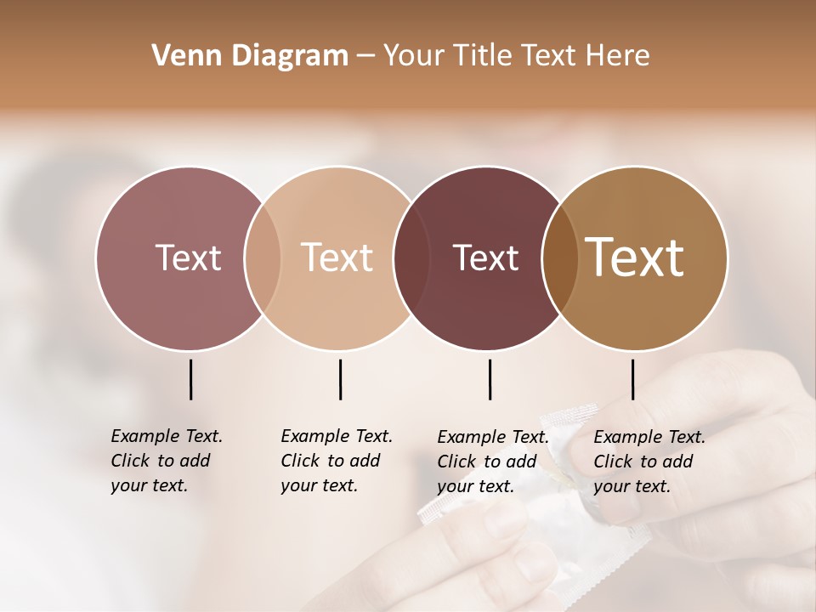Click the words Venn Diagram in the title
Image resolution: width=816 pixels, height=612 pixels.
(x=250, y=56)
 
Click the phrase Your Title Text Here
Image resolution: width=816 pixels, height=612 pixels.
(x=516, y=56)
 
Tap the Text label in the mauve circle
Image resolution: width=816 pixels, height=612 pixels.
(x=188, y=258)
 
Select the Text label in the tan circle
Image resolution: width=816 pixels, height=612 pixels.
(x=337, y=258)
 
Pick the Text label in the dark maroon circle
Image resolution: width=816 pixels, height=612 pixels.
(x=485, y=258)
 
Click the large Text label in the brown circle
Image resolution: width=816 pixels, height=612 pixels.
(x=635, y=258)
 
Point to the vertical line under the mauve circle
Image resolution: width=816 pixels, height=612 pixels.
(x=190, y=379)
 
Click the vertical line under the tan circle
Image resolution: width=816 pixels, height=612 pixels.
(x=340, y=379)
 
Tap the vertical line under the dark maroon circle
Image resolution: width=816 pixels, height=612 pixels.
(x=490, y=379)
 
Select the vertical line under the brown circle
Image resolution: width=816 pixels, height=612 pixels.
(x=632, y=379)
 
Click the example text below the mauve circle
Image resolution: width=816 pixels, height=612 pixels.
(x=167, y=461)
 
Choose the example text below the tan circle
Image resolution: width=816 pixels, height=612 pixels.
(x=337, y=461)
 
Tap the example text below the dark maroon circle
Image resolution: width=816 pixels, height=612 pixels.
(x=493, y=462)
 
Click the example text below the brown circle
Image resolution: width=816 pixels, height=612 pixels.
(x=649, y=462)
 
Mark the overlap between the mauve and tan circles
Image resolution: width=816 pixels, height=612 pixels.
(x=262, y=258)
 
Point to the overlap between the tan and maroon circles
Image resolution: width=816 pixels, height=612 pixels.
(x=405, y=258)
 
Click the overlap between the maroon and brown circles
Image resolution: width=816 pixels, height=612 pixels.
(x=555, y=258)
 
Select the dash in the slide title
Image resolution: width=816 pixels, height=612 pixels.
(x=365, y=56)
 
